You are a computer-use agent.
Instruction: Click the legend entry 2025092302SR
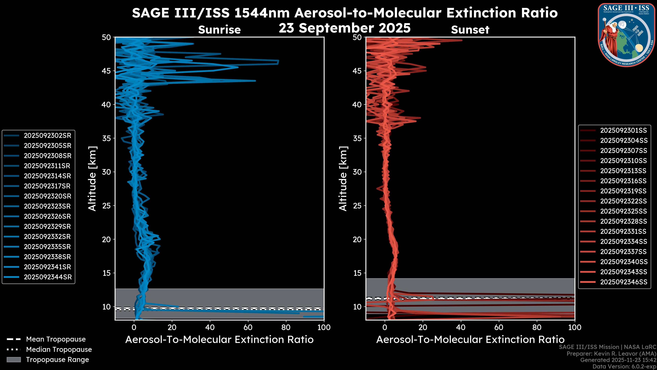(47, 136)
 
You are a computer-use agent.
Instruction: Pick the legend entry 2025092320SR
(47, 196)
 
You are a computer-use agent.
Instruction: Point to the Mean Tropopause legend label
(56, 339)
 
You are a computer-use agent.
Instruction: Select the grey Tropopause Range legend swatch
(14, 360)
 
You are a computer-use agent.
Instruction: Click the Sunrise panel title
(219, 30)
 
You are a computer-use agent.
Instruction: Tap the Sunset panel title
(470, 30)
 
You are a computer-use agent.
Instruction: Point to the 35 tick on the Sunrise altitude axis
(106, 138)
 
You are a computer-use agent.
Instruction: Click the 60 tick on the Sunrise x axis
(248, 327)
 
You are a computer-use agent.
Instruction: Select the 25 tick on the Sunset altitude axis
(357, 206)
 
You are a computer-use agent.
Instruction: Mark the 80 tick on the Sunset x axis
(537, 327)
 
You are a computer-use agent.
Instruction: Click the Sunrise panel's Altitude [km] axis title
(92, 178)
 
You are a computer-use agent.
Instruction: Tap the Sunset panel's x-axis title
(470, 340)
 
